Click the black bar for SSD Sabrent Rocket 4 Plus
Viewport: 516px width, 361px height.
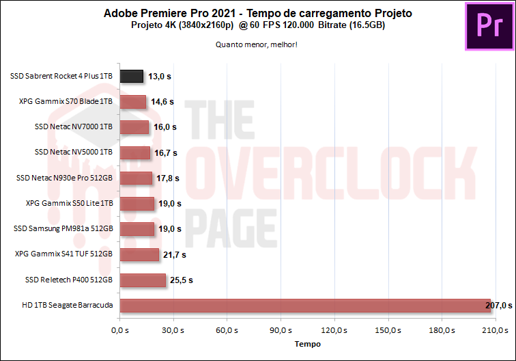click(x=131, y=77)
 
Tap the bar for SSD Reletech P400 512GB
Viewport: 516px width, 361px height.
click(x=142, y=280)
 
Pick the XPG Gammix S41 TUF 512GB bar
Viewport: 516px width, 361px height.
click(x=139, y=254)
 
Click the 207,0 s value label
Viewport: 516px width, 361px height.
click(x=498, y=306)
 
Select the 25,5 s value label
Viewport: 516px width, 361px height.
click(x=181, y=280)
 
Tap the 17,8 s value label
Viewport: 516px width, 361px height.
click(x=167, y=178)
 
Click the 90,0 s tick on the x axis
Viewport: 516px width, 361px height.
click(x=281, y=331)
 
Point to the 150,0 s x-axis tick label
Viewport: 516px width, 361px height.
click(x=388, y=331)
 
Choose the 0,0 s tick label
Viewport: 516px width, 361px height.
click(x=119, y=331)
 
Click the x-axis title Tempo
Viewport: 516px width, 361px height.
click(x=307, y=344)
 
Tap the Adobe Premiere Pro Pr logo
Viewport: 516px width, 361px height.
click(x=488, y=27)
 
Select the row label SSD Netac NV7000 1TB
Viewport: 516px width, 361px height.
click(x=73, y=127)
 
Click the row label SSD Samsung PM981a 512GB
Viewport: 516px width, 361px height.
click(x=63, y=229)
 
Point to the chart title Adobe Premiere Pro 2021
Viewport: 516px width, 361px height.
click(x=258, y=13)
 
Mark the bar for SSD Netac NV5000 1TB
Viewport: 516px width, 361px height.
click(x=134, y=152)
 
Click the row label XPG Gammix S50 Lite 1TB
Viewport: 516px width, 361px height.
click(x=69, y=203)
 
